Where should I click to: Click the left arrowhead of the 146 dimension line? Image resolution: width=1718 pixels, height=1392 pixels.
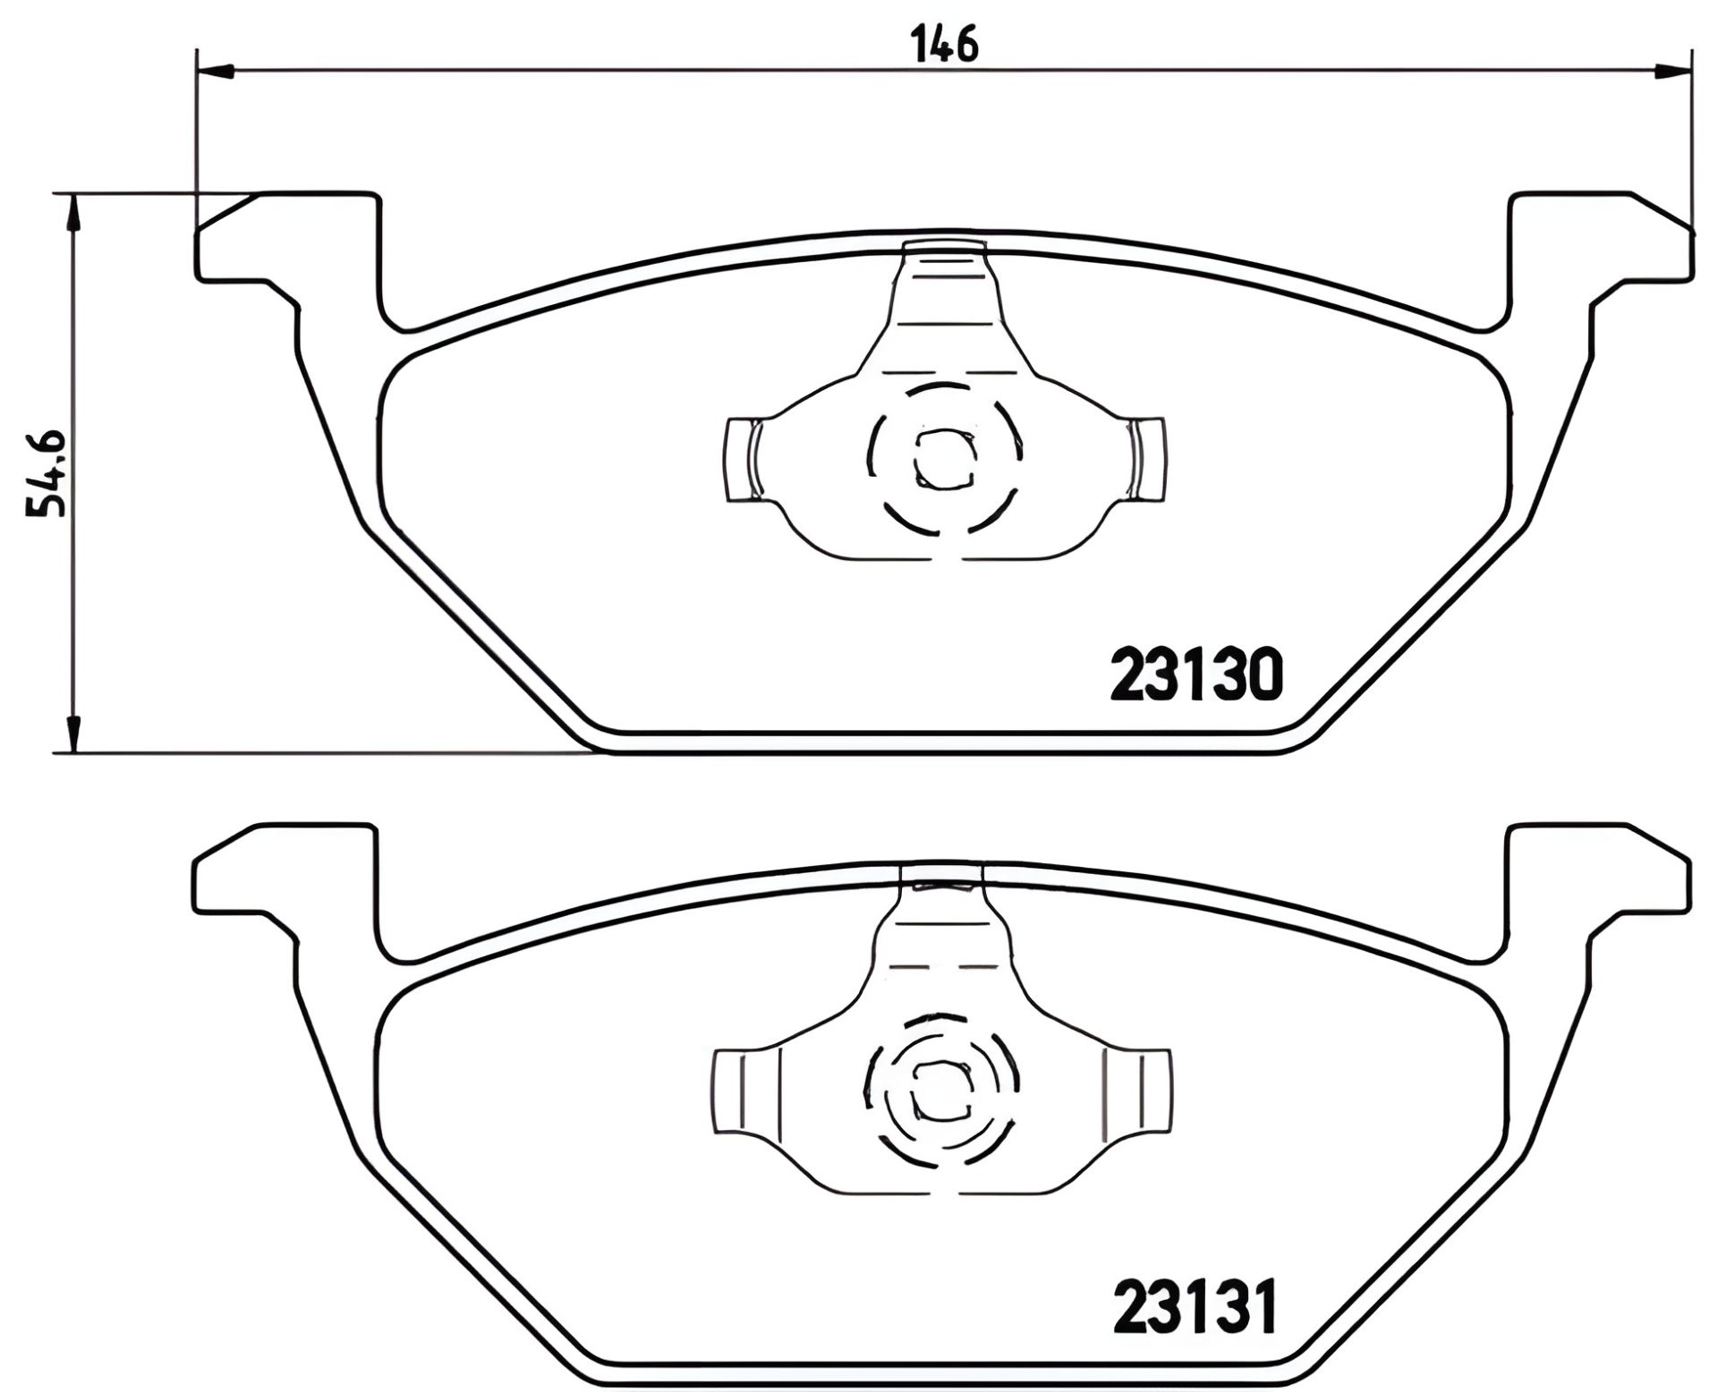click(215, 71)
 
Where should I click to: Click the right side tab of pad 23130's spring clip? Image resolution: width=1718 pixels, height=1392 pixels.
click(1148, 459)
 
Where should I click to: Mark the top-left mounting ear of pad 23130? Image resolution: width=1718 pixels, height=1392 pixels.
click(286, 237)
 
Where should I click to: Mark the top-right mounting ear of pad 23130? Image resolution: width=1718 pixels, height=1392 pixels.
click(1602, 237)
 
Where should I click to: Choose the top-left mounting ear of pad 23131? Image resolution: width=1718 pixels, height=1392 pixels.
click(286, 870)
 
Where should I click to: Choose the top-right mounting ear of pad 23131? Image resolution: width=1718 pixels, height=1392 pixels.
click(1602, 870)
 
